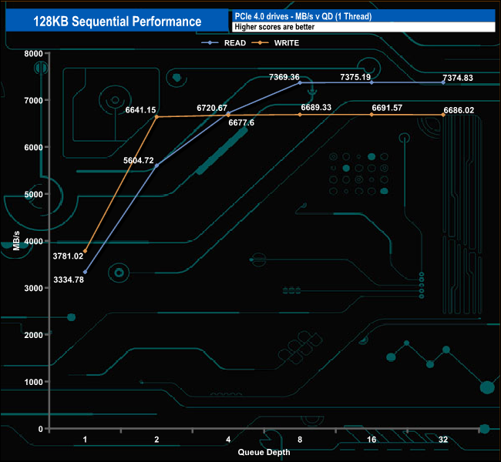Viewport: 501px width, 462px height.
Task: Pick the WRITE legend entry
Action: [x=284, y=43]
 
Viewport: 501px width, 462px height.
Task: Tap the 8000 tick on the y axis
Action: [x=33, y=54]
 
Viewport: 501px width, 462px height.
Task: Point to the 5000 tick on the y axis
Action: [x=33, y=195]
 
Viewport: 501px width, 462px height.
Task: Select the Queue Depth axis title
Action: [x=264, y=452]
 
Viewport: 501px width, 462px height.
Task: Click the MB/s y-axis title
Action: [x=16, y=241]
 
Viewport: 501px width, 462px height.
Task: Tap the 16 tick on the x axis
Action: [x=372, y=440]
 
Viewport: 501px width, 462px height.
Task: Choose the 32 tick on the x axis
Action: [x=443, y=440]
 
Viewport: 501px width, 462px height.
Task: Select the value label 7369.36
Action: [x=284, y=77]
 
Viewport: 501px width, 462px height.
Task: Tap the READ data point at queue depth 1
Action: [x=85, y=272]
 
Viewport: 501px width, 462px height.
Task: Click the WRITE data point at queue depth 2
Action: [x=156, y=117]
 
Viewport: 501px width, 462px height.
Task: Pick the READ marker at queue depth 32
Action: [x=443, y=82]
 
